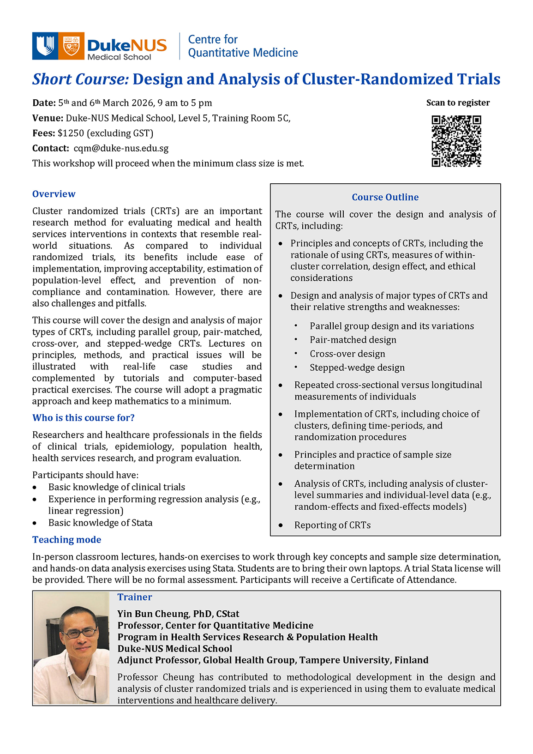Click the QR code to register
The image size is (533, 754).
(x=456, y=141)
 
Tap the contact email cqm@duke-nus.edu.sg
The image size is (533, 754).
(x=121, y=149)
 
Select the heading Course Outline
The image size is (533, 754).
(x=385, y=197)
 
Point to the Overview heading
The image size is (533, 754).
(x=54, y=194)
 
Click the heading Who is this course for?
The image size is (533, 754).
(x=83, y=418)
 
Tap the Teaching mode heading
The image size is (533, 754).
(x=66, y=540)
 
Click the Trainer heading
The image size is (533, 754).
(x=134, y=597)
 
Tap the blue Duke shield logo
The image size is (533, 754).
(x=45, y=46)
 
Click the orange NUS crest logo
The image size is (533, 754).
(x=72, y=46)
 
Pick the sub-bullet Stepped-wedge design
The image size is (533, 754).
(x=357, y=368)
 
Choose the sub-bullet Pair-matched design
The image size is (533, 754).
(x=353, y=340)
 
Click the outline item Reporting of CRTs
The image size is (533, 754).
(x=332, y=525)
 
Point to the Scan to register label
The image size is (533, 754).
(x=458, y=103)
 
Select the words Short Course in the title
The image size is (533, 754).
(x=80, y=79)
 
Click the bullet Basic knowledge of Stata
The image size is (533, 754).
(x=100, y=523)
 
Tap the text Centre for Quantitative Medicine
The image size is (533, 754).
(x=243, y=46)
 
